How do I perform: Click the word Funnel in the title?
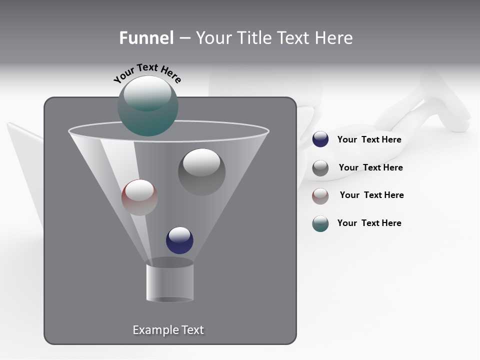[146, 38]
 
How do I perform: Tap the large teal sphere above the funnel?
[147, 106]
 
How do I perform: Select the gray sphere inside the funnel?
[201, 172]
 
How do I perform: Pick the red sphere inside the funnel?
[139, 197]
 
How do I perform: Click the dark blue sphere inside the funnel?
[179, 240]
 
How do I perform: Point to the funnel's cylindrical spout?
[170, 281]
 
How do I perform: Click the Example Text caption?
[168, 330]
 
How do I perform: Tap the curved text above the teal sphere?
[147, 72]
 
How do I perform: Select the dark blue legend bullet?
[320, 139]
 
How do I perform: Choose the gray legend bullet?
[320, 168]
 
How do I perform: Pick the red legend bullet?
[320, 196]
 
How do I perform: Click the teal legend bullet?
[320, 223]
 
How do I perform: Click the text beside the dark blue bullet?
[369, 140]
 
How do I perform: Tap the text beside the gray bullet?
[370, 167]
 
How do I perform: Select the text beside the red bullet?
[371, 195]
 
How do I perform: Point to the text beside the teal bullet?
[369, 223]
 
